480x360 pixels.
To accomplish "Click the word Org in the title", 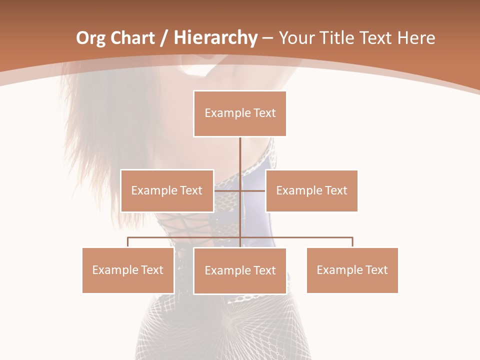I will point(91,38).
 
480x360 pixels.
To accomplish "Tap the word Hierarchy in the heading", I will point(215,38).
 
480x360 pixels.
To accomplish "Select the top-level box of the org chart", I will point(240,113).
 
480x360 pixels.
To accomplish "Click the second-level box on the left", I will point(166,190).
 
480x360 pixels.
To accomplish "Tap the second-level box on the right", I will point(311,190).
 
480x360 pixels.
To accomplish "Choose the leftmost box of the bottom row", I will point(128,270).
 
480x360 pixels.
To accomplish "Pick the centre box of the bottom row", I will point(240,270).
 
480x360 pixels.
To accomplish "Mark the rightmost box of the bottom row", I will point(352,270).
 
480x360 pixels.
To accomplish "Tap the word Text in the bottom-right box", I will point(376,270).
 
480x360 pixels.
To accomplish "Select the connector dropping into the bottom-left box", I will point(128,242).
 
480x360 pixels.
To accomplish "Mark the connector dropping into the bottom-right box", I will point(352,242).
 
